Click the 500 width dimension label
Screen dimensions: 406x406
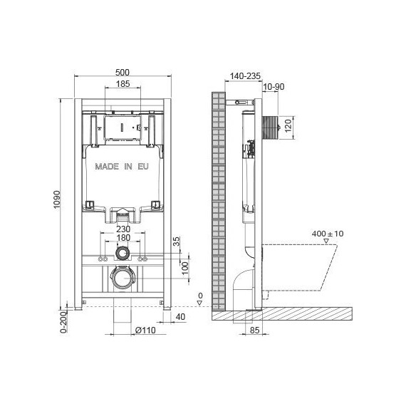point(123,72)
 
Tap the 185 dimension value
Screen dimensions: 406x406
point(123,84)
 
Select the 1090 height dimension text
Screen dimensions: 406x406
point(57,199)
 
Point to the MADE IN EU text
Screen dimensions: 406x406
point(122,167)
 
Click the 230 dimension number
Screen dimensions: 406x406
point(123,229)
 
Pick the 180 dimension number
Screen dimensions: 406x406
point(123,237)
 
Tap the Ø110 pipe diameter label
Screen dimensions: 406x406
point(145,330)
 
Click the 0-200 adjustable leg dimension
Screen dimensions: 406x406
point(63,323)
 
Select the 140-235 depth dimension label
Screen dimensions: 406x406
point(245,76)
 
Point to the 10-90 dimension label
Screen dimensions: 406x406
point(274,87)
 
